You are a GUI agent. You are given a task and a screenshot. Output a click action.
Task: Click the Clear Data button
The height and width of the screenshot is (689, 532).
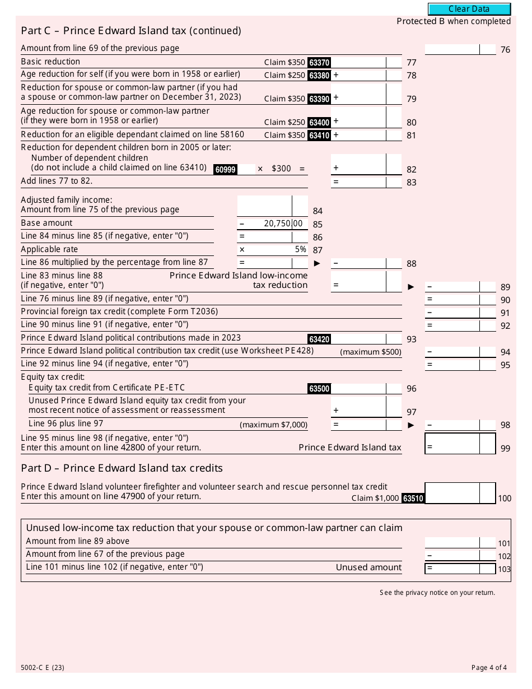469,9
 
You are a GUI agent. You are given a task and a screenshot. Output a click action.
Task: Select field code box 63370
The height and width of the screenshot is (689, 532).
319,63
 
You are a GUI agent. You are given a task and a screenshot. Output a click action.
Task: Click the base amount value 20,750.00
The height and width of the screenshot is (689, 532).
283,224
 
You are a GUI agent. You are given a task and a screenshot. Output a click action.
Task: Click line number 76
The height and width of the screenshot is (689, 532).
505,50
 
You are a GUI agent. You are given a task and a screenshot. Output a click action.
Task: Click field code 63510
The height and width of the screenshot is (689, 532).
413,498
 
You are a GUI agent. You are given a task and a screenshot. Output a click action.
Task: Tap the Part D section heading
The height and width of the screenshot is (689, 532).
122,468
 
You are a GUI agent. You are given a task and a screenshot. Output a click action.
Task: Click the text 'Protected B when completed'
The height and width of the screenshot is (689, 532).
454,21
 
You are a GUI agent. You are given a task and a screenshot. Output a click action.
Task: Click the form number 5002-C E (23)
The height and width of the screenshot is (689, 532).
43,667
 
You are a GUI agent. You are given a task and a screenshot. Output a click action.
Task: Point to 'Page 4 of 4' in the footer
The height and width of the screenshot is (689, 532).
489,667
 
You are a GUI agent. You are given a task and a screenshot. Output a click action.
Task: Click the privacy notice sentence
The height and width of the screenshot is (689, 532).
437,593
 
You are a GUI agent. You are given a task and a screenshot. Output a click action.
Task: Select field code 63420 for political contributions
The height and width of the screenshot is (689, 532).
319,339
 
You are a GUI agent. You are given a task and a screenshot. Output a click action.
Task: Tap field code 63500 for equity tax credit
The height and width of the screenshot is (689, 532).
319,389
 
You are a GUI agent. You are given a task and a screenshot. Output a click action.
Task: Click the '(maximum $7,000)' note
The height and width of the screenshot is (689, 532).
273,425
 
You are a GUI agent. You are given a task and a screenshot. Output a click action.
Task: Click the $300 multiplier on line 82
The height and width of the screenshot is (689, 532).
281,169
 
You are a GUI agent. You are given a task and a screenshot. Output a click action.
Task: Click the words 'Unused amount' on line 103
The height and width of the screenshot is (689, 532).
368,567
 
